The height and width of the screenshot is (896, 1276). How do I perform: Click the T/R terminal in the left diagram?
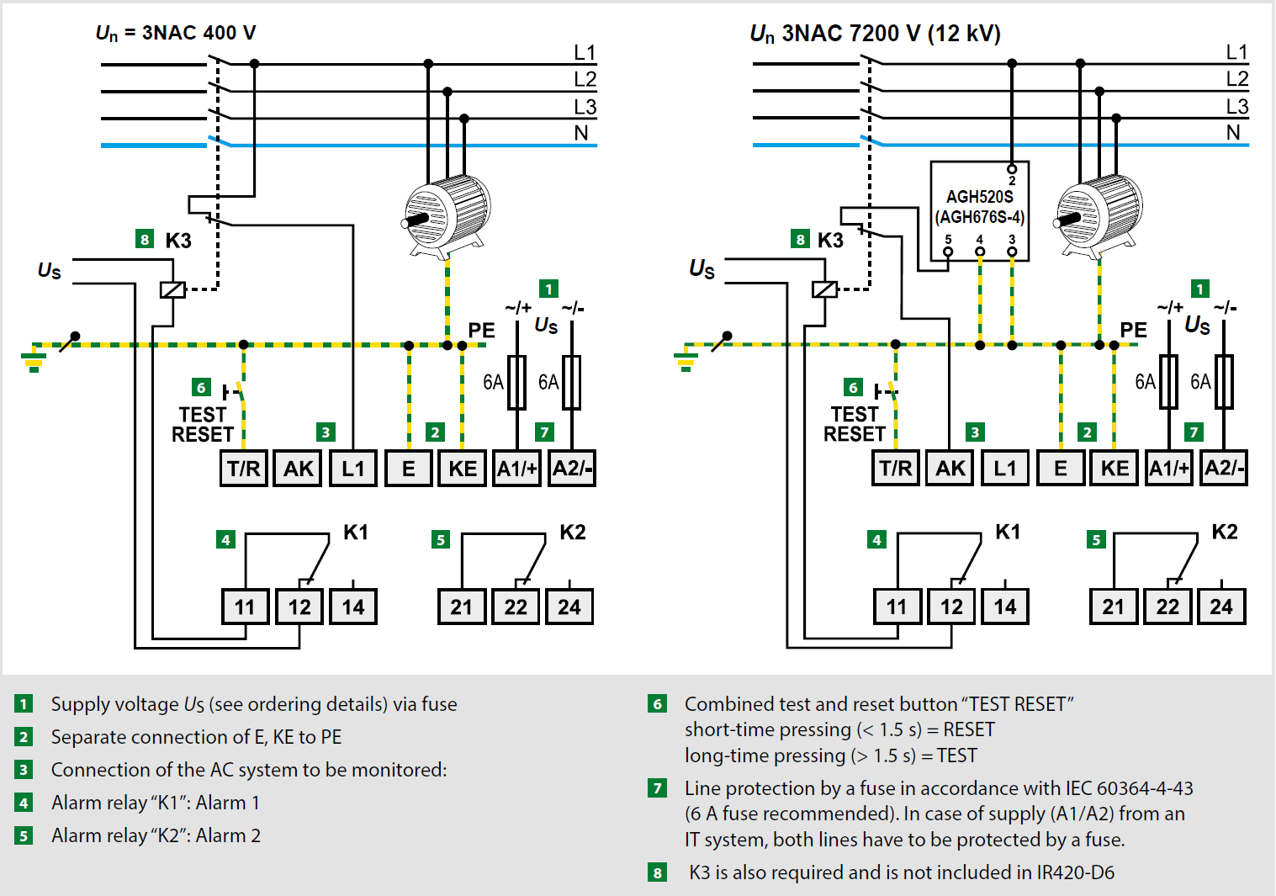point(244,469)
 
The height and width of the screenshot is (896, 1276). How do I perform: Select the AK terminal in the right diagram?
point(950,469)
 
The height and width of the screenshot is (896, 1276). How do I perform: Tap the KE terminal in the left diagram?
point(463,469)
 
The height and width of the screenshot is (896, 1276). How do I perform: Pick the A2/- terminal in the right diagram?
point(1224,469)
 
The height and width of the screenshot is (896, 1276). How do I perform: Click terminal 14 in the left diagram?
point(353,607)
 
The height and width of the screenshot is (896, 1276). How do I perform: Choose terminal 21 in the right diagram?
point(1113,607)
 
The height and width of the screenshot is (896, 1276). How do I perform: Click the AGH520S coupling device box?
point(979,210)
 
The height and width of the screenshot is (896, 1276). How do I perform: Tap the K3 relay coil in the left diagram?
point(172,289)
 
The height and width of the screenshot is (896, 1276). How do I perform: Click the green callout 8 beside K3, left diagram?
point(145,240)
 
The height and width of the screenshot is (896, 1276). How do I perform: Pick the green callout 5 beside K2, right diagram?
point(1095,539)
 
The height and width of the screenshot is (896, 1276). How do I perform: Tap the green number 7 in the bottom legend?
point(658,788)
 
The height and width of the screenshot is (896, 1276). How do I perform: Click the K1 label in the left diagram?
point(356,533)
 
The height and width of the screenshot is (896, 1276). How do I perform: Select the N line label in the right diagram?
point(1233,133)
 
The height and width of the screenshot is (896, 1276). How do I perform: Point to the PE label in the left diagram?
point(481,331)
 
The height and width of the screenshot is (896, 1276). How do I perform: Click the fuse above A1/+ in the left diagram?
point(516,383)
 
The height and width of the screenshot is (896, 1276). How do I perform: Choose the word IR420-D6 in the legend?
point(1075,872)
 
